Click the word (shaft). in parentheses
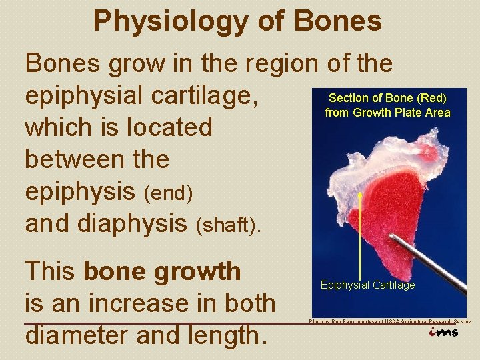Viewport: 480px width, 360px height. [x=230, y=226]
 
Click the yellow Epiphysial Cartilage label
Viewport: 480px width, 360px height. [x=367, y=285]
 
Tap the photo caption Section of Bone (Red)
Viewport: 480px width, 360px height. [x=387, y=99]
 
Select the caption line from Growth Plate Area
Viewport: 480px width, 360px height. [x=387, y=113]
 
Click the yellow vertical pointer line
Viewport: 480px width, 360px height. [x=360, y=233]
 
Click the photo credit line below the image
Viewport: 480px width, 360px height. [x=390, y=321]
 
